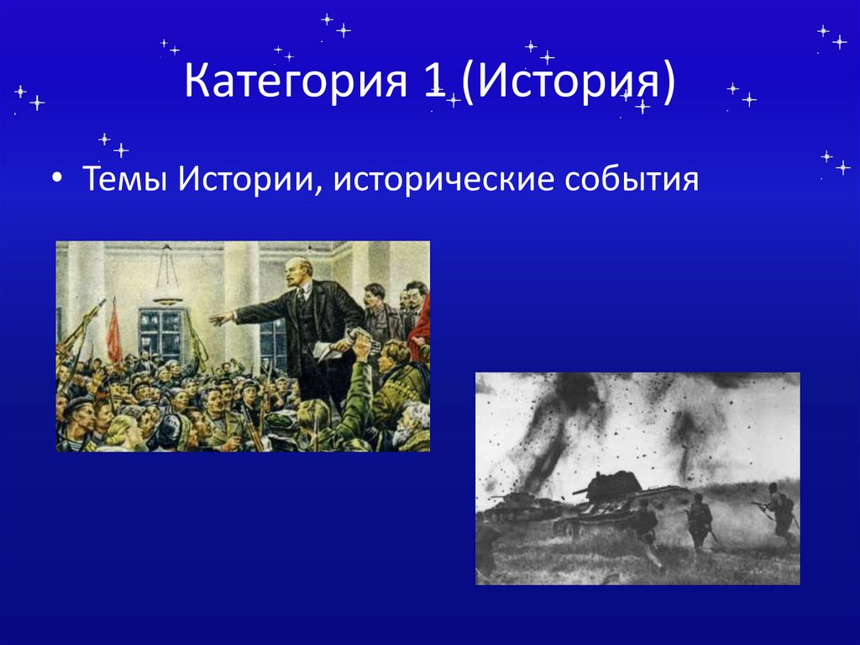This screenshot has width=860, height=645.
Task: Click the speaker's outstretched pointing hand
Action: pos(218,319)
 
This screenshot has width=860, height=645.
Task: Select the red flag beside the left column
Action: pos(113,332)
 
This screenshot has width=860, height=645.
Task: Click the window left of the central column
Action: pos(161,332)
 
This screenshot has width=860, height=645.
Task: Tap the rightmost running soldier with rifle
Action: pos(779,510)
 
